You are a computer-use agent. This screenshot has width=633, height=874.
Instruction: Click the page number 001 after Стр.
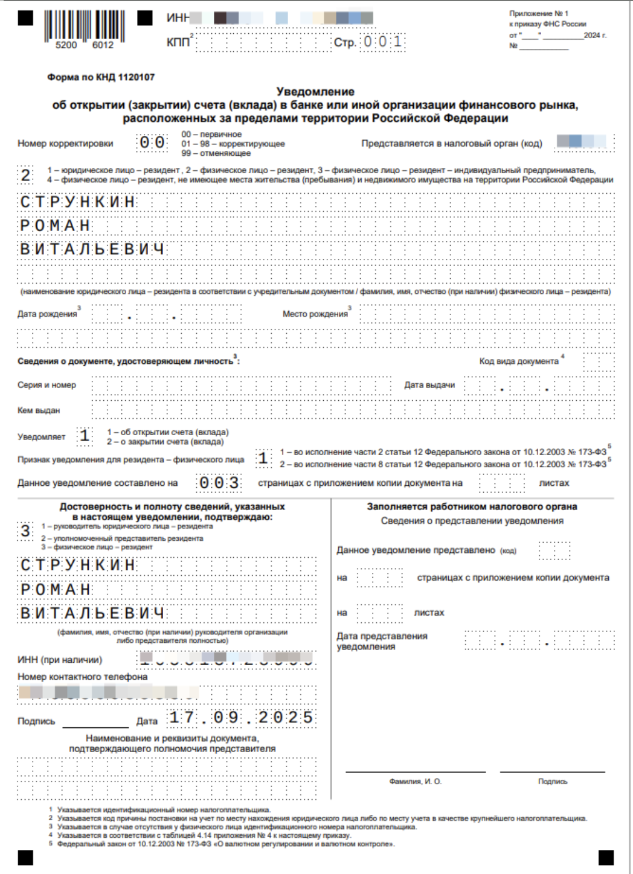[382, 42]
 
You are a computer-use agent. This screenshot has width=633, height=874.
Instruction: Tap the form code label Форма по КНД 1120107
[101, 77]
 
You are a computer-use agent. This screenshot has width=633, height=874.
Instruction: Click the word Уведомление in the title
[315, 92]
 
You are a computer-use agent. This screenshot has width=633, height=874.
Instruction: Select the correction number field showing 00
[152, 143]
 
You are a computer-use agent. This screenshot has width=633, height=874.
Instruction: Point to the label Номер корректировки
[65, 144]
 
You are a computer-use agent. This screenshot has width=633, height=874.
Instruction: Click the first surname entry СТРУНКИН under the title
[78, 202]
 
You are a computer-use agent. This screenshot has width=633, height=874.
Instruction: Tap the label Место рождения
[315, 314]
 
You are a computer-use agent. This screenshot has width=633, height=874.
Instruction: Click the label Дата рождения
[47, 314]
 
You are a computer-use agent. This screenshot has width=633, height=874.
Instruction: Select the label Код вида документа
[519, 361]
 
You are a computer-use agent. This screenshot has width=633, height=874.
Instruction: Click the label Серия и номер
[47, 385]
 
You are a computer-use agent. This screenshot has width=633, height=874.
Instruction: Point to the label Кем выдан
[39, 410]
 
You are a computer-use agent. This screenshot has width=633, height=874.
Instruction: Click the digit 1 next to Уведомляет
[85, 436]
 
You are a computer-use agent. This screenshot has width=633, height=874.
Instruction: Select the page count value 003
[219, 483]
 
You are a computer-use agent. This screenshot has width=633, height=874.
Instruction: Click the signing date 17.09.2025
[241, 717]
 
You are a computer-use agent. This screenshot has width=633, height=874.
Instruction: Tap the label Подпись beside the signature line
[36, 721]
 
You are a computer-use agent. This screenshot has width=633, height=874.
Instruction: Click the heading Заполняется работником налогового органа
[472, 507]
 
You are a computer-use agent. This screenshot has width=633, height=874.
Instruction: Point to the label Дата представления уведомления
[382, 641]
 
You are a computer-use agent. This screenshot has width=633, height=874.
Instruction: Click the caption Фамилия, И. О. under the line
[416, 782]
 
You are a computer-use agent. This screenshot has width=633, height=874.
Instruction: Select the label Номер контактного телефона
[82, 677]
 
